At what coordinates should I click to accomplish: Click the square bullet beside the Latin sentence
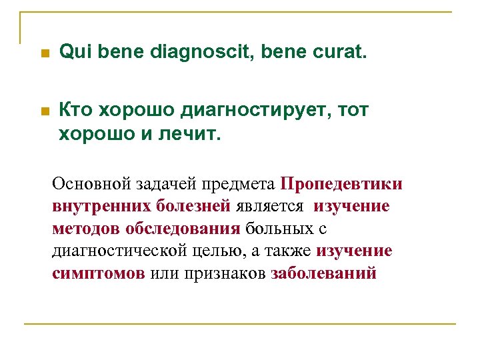(44, 53)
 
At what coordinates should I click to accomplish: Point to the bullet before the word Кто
(44, 111)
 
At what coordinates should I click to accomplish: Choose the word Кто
(77, 110)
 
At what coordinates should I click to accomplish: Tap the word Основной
(90, 183)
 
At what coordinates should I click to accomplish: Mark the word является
(271, 206)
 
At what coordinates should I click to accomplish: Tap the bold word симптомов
(98, 274)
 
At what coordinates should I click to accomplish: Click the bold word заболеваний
(323, 274)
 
